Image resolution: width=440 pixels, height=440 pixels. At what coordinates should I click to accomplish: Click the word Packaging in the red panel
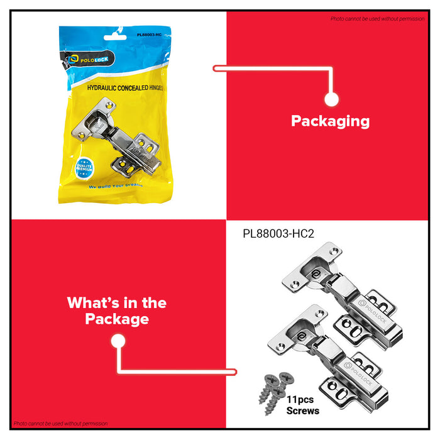[x=330, y=121]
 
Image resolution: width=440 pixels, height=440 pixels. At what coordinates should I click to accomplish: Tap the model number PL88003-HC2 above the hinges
[x=278, y=233]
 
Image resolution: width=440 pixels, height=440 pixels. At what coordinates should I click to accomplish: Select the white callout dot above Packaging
[x=332, y=99]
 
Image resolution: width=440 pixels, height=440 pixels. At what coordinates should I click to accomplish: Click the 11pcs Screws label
[x=304, y=405]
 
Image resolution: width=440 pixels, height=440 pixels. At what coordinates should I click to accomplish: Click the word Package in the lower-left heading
[x=117, y=319]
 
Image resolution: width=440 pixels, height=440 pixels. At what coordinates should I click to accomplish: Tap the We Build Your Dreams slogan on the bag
[x=116, y=186]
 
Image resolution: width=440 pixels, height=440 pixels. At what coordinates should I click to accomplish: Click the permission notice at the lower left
[x=60, y=424]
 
